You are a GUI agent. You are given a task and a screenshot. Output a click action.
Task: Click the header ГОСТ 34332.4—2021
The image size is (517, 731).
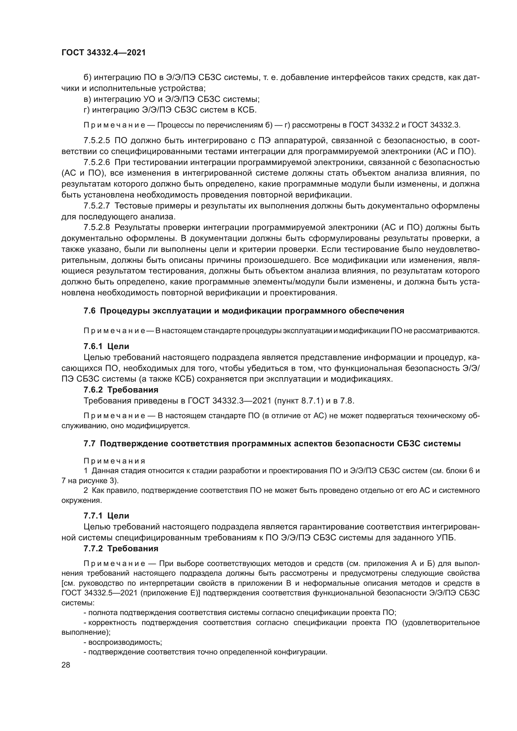[x=103, y=53]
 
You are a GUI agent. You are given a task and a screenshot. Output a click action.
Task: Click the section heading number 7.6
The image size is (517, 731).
[x=89, y=311]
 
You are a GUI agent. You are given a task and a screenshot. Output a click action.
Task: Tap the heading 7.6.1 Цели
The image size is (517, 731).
[x=106, y=346]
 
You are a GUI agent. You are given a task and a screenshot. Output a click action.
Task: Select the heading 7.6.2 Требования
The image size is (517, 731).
[x=121, y=390]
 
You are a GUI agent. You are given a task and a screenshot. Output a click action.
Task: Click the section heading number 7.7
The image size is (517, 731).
[x=89, y=444]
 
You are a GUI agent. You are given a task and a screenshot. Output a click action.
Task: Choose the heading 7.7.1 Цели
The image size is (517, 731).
[x=106, y=516]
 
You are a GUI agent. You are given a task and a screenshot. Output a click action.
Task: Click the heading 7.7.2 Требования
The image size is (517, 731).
[x=121, y=548]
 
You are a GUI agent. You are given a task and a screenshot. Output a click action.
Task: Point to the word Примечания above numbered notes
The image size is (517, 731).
[x=114, y=461]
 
